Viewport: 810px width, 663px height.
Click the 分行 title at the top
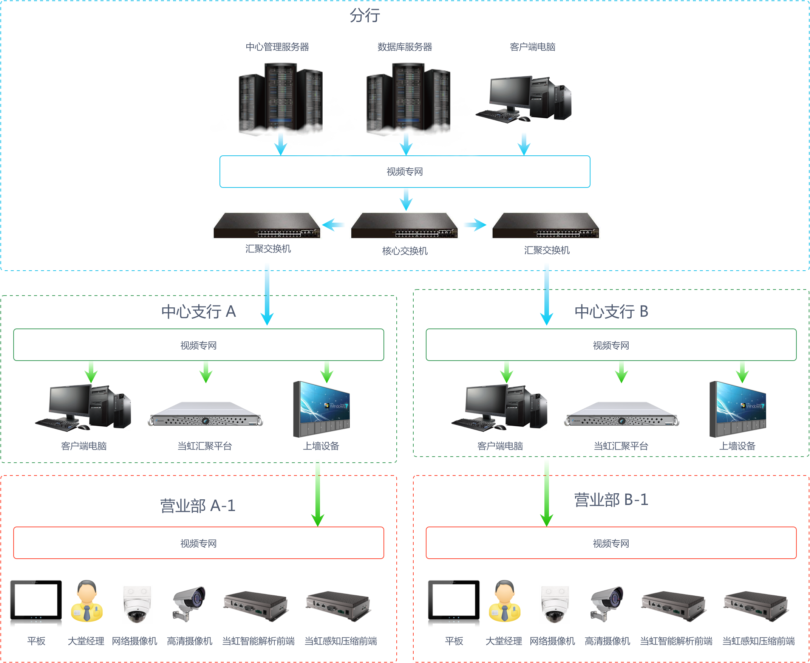tap(365, 15)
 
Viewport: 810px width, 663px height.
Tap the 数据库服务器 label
tap(405, 47)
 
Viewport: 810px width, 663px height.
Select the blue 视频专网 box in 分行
tap(405, 172)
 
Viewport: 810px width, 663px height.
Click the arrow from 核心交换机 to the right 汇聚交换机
tap(475, 225)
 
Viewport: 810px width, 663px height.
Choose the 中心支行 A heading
tap(198, 311)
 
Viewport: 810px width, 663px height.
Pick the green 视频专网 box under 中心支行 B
tap(611, 345)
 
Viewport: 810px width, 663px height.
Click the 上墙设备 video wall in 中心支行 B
tap(737, 409)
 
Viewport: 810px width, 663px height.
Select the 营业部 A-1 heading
tap(198, 506)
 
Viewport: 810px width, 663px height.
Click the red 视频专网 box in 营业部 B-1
tap(611, 543)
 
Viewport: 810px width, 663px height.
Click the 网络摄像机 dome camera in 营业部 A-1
tap(136, 603)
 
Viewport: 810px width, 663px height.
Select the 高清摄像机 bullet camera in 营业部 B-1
tap(607, 603)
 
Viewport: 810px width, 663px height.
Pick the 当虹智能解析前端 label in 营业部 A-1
tap(258, 641)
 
